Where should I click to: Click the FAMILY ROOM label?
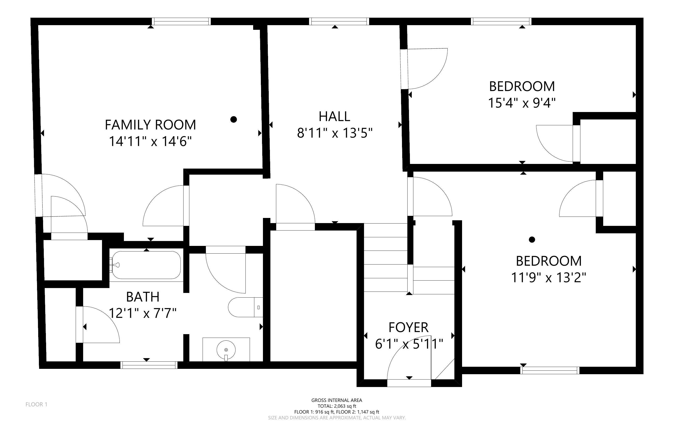pyautogui.click(x=150, y=125)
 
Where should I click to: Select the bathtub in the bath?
pyautogui.click(x=145, y=265)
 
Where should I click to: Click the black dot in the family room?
pyautogui.click(x=234, y=119)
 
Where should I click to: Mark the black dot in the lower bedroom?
pyautogui.click(x=532, y=239)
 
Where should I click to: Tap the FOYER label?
pyautogui.click(x=408, y=327)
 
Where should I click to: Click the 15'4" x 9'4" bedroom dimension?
pyautogui.click(x=522, y=103)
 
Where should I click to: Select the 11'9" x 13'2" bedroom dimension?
pyautogui.click(x=549, y=278)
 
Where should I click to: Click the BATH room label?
pyautogui.click(x=143, y=297)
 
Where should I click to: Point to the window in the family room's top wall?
pyautogui.click(x=181, y=21)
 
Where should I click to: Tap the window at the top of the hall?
pyautogui.click(x=339, y=21)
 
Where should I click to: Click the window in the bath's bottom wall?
pyautogui.click(x=149, y=365)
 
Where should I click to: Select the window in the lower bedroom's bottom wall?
pyautogui.click(x=550, y=370)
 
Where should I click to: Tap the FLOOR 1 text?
pyautogui.click(x=37, y=404)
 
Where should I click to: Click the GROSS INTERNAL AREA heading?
pyautogui.click(x=337, y=400)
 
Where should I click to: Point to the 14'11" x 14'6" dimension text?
pyautogui.click(x=150, y=141)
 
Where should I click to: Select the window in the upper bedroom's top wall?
pyautogui.click(x=501, y=21)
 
